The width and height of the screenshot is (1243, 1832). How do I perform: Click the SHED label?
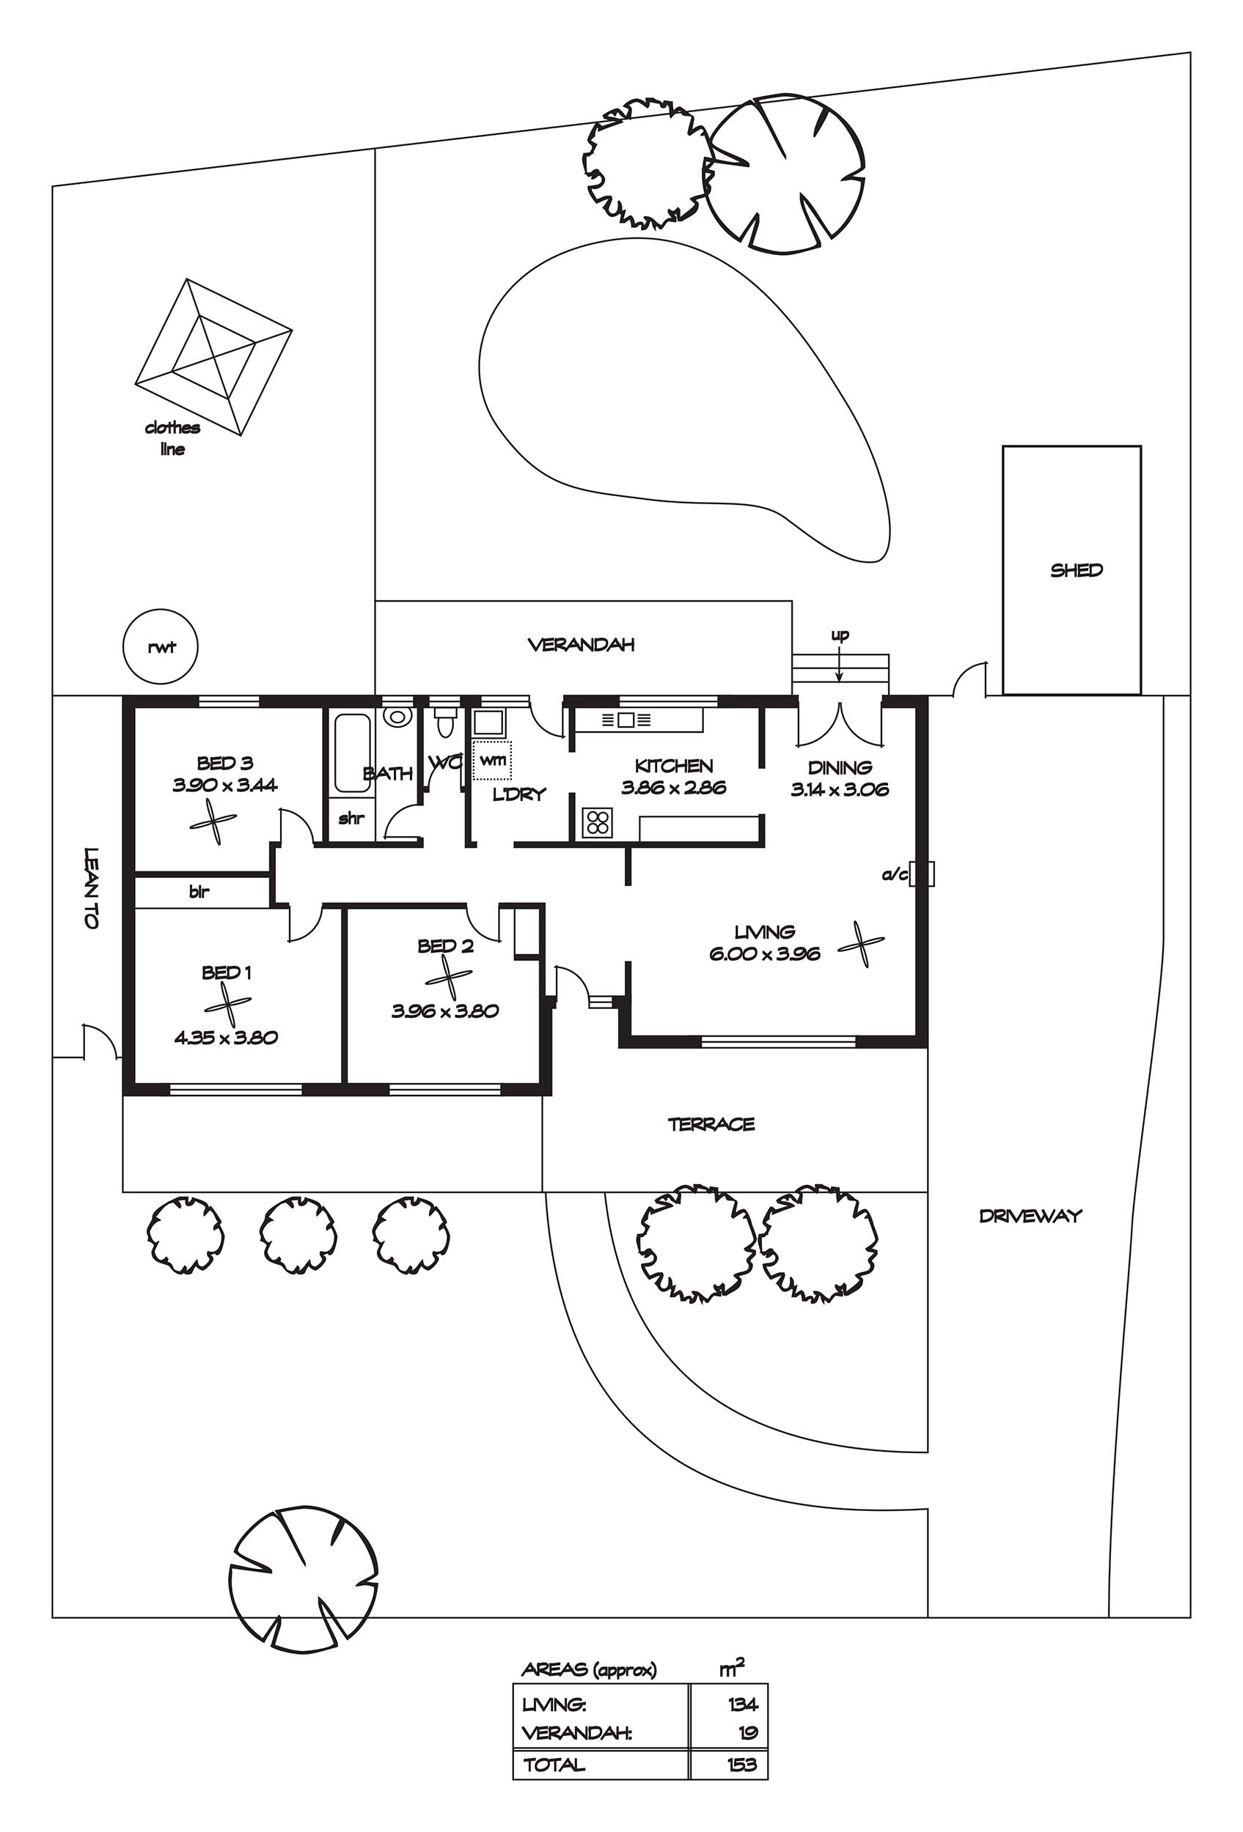pos(1076,570)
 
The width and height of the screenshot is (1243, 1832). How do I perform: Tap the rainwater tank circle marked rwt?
pos(161,646)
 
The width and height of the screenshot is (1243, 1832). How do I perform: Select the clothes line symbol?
pos(213,357)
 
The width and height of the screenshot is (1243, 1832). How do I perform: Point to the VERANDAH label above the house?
pos(581,645)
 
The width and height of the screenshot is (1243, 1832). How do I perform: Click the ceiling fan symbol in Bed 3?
pos(213,821)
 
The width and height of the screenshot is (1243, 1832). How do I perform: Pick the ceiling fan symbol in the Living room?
pos(860,943)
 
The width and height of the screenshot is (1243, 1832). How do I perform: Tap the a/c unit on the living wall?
pos(922,873)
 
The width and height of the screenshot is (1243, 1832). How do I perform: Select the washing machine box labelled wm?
pos(493,760)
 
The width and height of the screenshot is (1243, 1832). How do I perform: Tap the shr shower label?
pos(351,819)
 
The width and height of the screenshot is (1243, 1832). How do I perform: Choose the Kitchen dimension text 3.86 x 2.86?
pos(672,788)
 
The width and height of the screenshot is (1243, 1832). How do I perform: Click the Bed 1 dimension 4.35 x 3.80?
pos(226,1038)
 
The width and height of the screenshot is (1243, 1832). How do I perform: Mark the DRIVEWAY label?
pos(1030,1216)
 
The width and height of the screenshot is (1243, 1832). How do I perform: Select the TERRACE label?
pos(711,1124)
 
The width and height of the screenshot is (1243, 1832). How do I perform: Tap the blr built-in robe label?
pos(199,892)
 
